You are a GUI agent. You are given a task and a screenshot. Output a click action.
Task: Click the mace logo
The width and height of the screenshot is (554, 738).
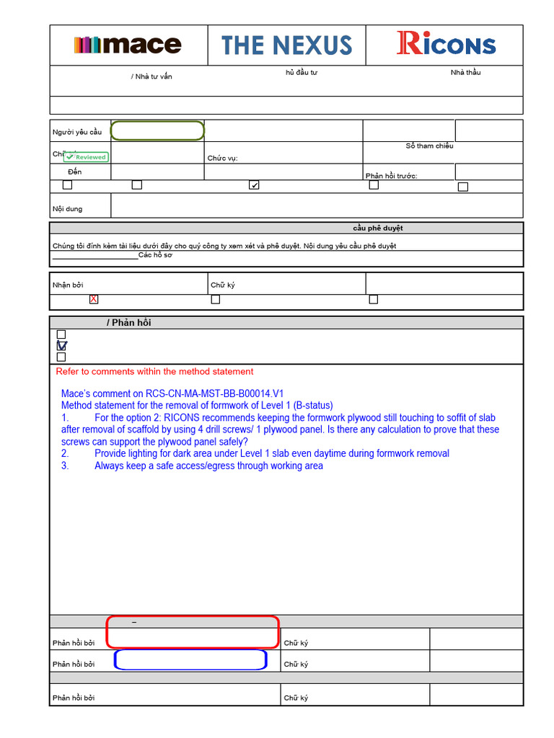pos(128,45)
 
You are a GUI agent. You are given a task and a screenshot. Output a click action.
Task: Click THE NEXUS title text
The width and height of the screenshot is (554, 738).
pos(287,45)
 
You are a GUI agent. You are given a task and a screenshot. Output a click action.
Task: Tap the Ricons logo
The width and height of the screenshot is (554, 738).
pos(446,45)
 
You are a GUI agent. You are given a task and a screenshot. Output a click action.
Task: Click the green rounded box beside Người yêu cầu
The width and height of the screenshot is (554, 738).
pos(158,131)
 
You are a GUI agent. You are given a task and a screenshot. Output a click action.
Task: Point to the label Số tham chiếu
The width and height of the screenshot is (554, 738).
pos(429,146)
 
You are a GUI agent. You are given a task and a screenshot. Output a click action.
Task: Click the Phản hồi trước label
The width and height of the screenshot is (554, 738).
pos(391,176)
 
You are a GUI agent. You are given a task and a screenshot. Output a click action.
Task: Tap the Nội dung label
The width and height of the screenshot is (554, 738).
pos(67,209)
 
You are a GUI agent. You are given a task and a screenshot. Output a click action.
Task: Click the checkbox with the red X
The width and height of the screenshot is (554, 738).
pos(94,299)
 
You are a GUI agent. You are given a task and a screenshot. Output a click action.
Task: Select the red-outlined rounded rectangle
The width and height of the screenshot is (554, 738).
pos(193,632)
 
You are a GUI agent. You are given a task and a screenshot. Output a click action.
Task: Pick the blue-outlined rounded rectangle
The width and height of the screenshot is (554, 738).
pos(190,659)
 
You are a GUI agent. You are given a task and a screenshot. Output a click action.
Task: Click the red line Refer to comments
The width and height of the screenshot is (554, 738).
pos(154,372)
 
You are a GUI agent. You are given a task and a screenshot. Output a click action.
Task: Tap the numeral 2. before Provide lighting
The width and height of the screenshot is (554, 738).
pos(65,454)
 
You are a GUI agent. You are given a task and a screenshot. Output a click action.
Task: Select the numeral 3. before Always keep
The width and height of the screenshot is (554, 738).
pos(65,466)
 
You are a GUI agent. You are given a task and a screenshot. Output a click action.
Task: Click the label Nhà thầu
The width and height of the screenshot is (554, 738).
pos(465,73)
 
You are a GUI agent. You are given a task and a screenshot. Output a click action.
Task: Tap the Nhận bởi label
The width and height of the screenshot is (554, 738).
pos(68,285)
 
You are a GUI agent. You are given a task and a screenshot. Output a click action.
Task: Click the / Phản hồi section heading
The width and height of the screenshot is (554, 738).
pos(128,323)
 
